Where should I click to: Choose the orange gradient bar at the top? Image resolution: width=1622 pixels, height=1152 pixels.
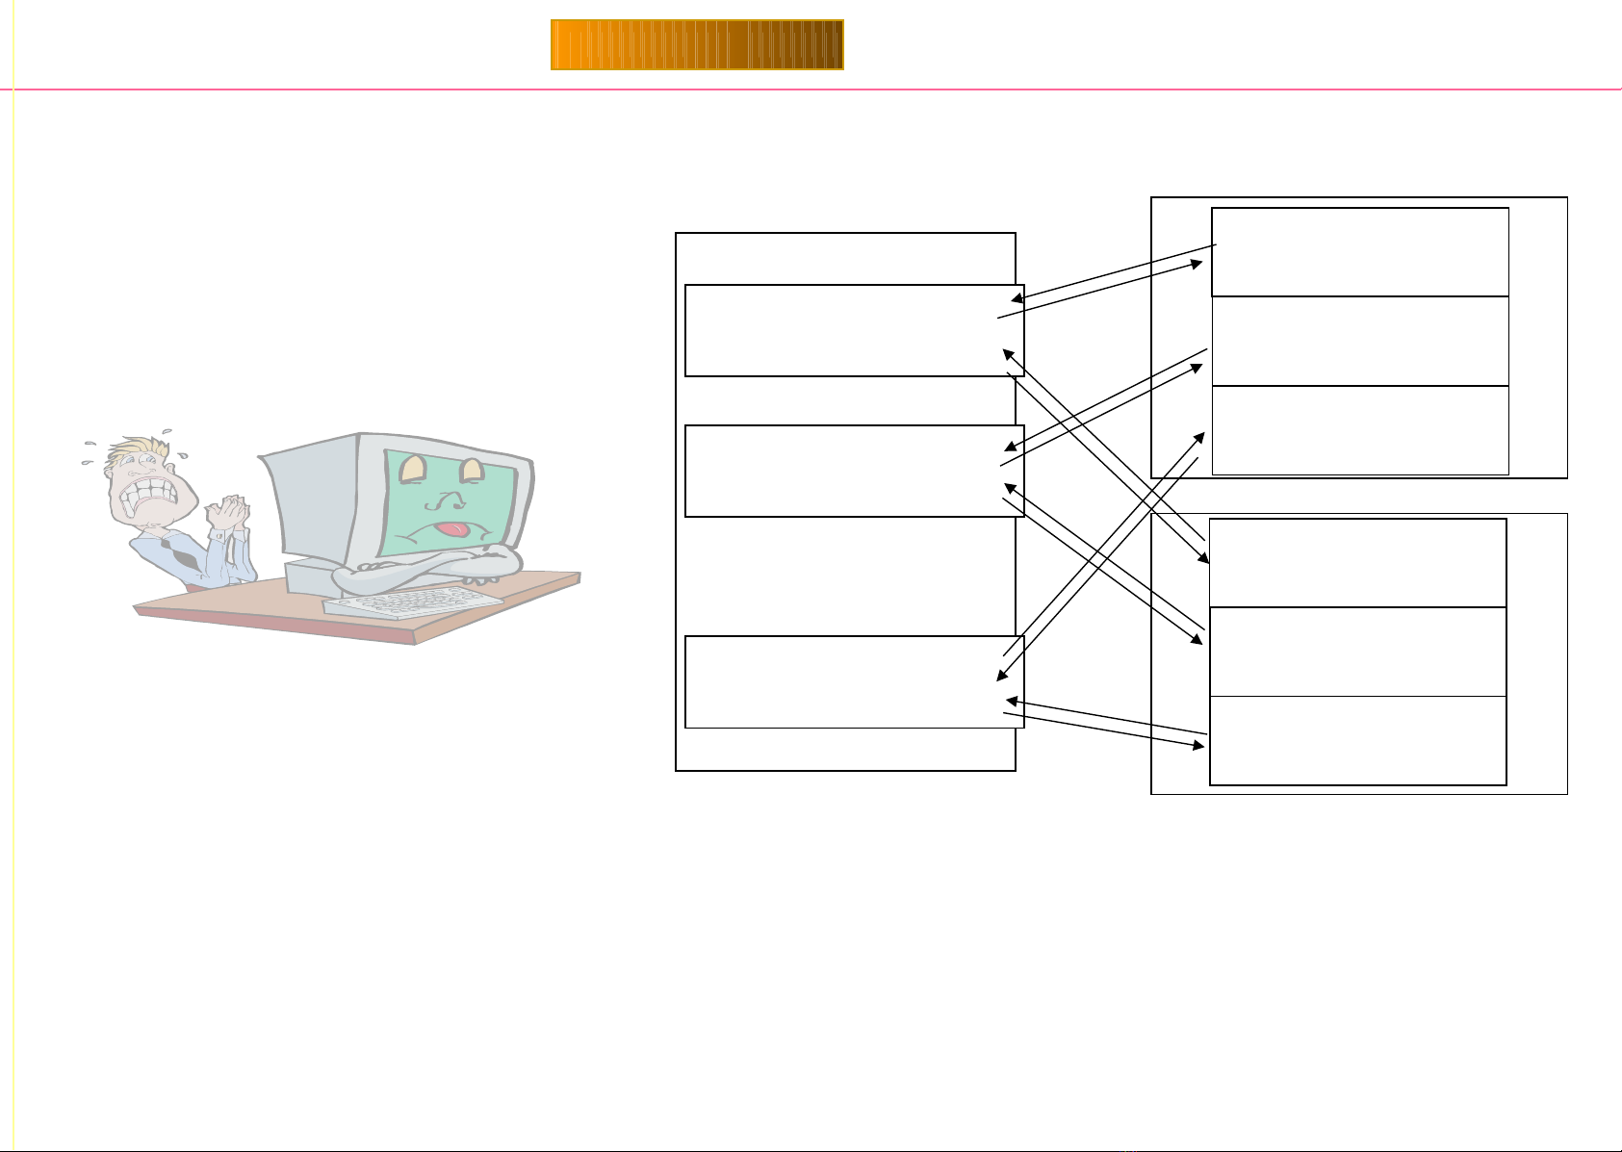pos(697,45)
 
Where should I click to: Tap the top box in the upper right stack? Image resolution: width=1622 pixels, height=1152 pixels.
pos(1359,252)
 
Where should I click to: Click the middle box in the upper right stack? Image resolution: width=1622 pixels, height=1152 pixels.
pos(1359,341)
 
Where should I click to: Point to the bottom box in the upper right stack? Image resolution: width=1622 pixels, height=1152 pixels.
pos(1359,430)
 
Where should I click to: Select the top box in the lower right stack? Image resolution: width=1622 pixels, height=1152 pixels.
pos(1357,563)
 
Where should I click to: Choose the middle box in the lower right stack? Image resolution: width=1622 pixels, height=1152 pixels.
pos(1357,652)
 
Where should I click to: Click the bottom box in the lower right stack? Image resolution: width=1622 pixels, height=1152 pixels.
pos(1357,740)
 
